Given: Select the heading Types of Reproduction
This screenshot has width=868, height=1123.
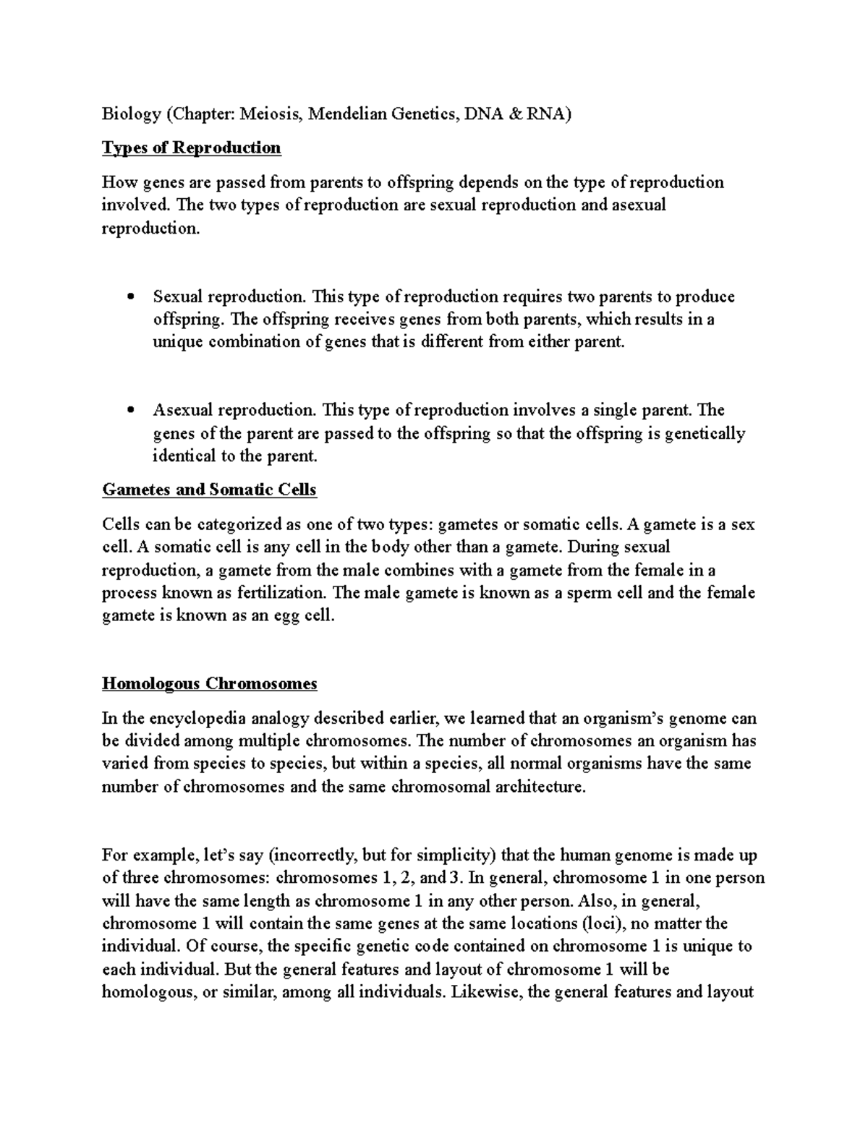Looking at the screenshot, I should (192, 148).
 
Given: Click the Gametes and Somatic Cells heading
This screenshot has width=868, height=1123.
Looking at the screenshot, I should (210, 490).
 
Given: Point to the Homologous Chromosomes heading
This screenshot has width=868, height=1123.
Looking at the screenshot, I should (210, 684).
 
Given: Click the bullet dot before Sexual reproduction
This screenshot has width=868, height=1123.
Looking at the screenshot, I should (131, 296).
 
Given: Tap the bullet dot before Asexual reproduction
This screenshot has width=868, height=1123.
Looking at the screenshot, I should (131, 411).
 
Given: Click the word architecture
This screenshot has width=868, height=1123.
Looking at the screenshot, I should (538, 787).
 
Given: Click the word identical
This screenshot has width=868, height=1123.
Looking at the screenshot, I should (186, 456).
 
